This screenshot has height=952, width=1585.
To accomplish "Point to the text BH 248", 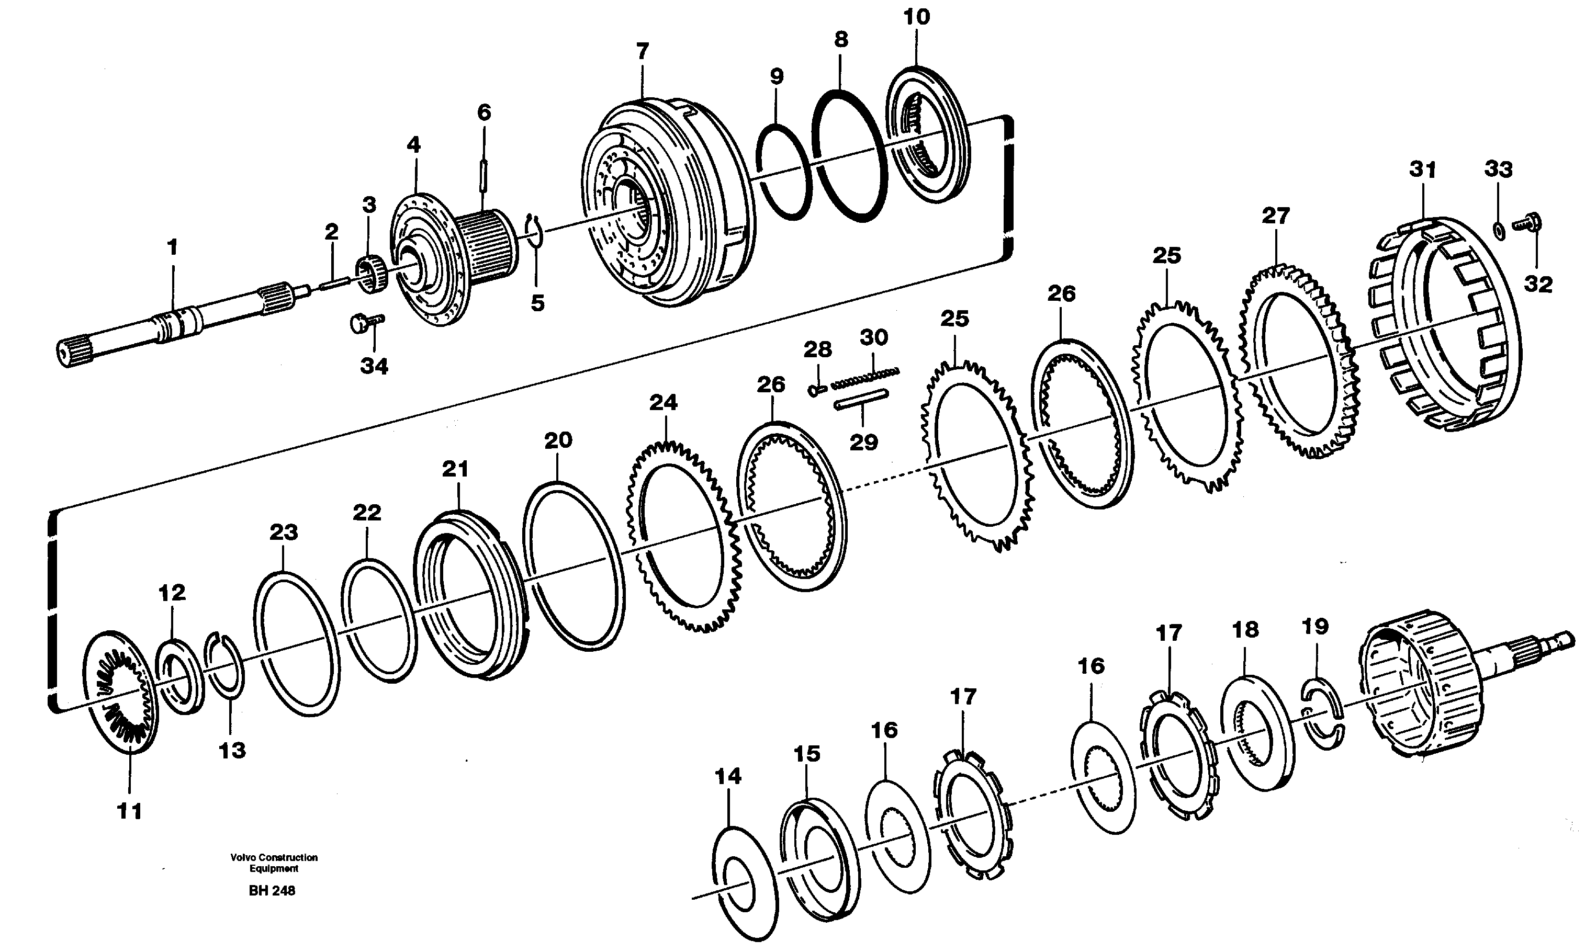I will pyautogui.click(x=272, y=891).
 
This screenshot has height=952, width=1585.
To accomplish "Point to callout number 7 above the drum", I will pyautogui.click(x=643, y=51).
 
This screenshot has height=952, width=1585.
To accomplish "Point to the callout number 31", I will pyautogui.click(x=1422, y=170).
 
